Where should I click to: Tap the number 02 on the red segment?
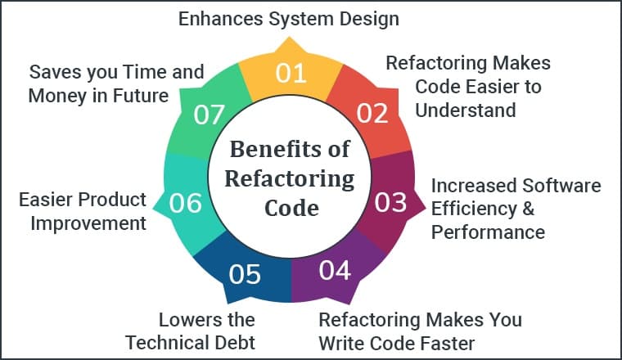pyautogui.click(x=372, y=112)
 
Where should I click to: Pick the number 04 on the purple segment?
pyautogui.click(x=336, y=269)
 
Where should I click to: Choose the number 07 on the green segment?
pyautogui.click(x=210, y=115)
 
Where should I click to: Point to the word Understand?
pyautogui.click(x=464, y=110)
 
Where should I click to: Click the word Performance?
pyautogui.click(x=488, y=232)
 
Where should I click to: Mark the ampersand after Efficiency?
pyautogui.click(x=528, y=209)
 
